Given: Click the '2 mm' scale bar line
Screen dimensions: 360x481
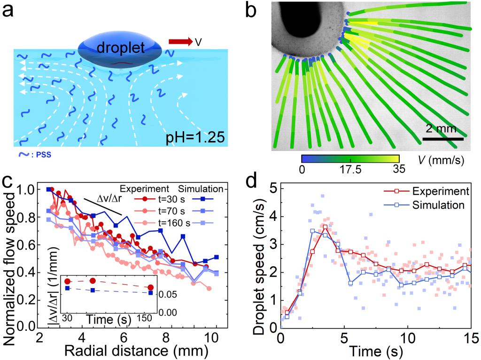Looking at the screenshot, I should (x=443, y=139).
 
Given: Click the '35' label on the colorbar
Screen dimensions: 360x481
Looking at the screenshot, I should (x=399, y=170).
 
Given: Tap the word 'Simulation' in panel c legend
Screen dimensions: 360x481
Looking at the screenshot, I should (x=203, y=189).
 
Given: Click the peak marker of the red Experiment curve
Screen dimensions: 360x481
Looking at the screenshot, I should (x=325, y=227).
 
